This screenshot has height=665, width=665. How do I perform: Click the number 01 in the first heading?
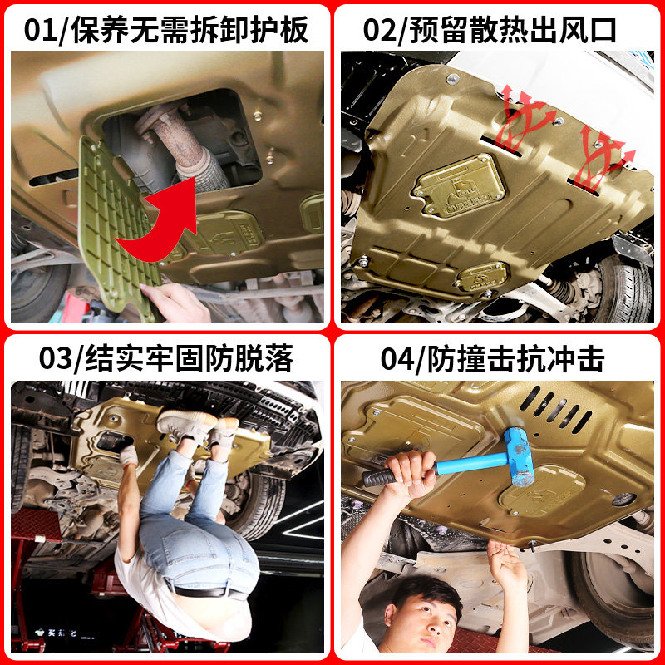40,30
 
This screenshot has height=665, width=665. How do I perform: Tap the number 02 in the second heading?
379,30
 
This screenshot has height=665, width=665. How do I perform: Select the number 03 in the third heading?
56,359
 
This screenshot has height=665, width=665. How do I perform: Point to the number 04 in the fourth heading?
397,359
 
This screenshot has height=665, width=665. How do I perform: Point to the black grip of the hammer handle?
379,477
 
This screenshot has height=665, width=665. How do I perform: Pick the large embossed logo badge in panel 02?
459,186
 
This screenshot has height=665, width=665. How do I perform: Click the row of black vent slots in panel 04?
554,408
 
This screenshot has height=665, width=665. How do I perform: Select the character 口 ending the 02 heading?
601,31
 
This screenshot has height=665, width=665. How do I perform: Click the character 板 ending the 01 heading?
295,31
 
